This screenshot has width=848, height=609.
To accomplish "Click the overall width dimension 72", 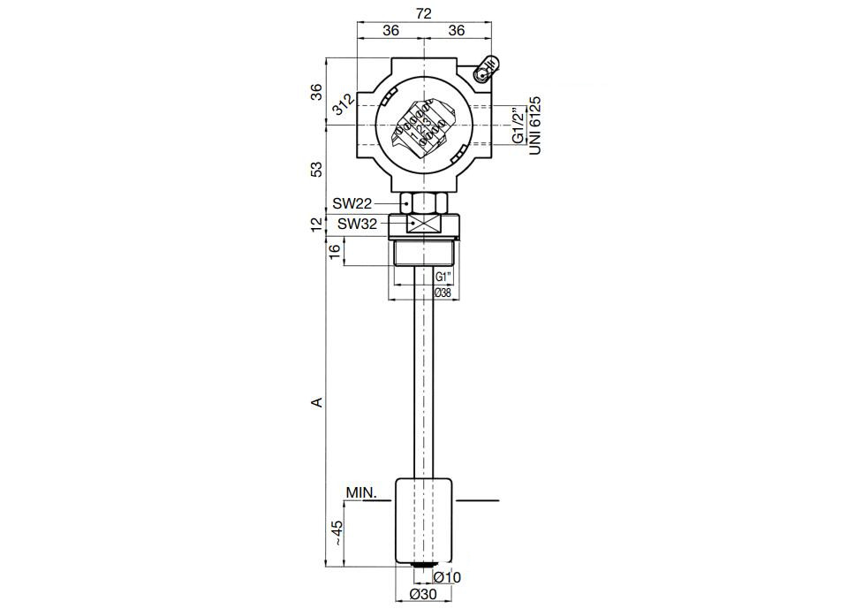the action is click(x=423, y=13).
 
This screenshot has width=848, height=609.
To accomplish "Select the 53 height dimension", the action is click(x=317, y=169).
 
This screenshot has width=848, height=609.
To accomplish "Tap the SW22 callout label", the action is click(x=352, y=203).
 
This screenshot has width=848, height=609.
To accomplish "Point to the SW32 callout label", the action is click(x=357, y=224).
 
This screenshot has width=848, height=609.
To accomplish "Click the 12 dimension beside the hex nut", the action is click(x=317, y=224).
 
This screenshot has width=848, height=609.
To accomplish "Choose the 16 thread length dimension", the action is click(x=335, y=251).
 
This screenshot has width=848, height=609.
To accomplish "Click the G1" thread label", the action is click(x=444, y=277).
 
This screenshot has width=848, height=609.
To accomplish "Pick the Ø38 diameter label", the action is click(x=443, y=293).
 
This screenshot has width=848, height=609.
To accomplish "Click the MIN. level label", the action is click(x=362, y=493).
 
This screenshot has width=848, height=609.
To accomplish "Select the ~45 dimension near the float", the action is click(x=337, y=533).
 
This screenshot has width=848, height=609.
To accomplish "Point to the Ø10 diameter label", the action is click(x=447, y=577).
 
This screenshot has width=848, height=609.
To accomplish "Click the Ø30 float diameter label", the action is click(x=423, y=594).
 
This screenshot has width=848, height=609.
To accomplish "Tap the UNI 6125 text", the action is click(x=535, y=126).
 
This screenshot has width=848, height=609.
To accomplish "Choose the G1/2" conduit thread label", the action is click(x=519, y=125).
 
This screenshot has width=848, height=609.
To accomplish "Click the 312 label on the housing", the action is click(x=344, y=104).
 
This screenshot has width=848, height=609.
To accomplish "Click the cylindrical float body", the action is click(x=424, y=521).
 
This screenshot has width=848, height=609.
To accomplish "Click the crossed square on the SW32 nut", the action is click(x=423, y=224).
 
